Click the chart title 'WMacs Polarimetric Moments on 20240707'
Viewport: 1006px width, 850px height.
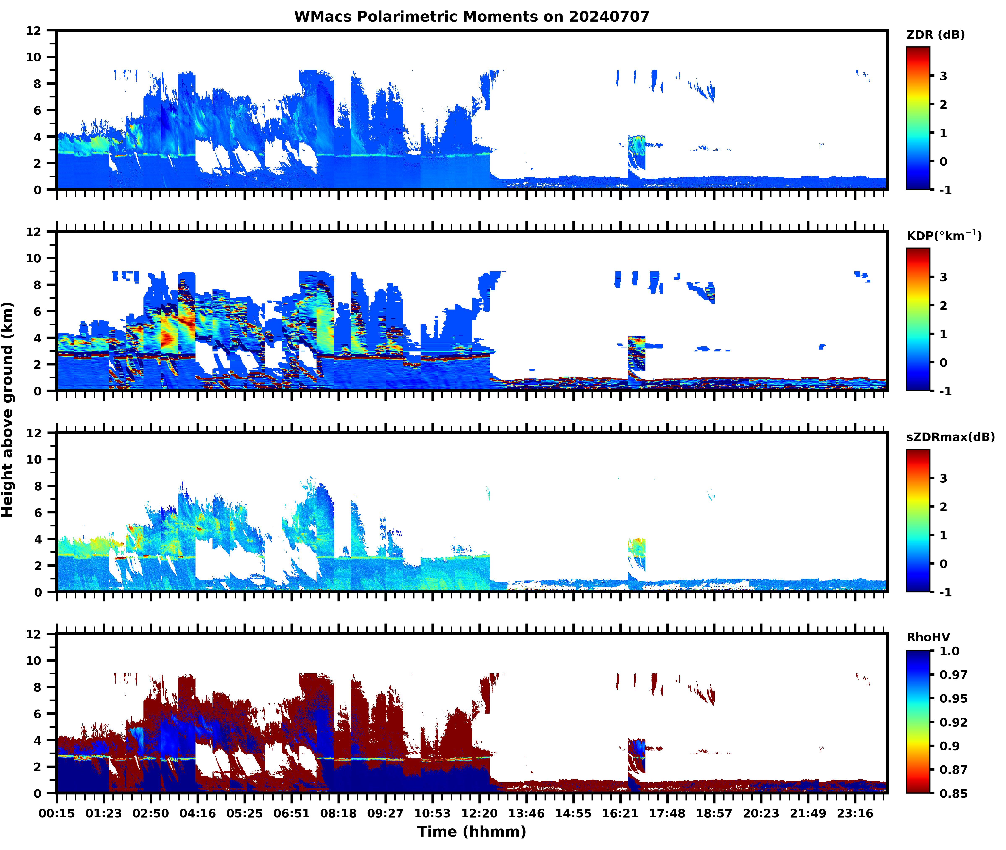pos(472,17)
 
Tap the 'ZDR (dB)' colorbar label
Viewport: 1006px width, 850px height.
pos(935,35)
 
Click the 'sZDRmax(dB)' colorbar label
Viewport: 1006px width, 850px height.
pos(950,437)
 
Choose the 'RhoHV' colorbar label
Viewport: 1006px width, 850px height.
pos(928,637)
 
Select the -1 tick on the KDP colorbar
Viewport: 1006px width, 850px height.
pos(945,391)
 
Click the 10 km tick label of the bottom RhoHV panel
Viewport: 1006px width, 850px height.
pos(34,661)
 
